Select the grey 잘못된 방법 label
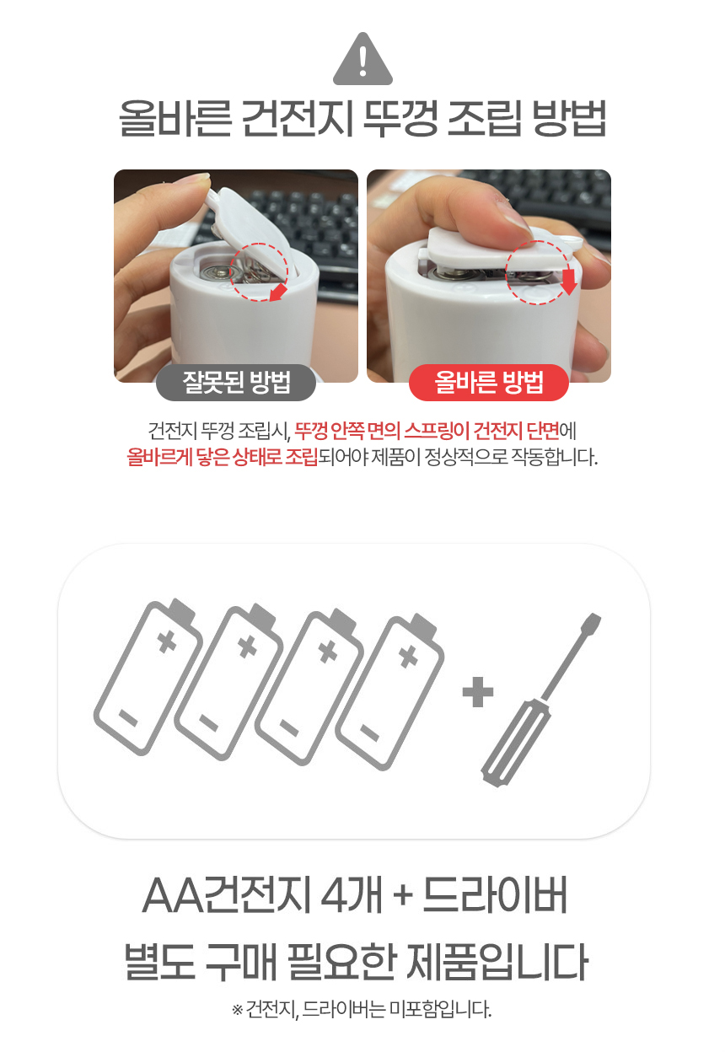(x=236, y=384)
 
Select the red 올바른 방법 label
(x=488, y=384)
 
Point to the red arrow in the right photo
(x=568, y=282)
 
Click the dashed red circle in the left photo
(x=260, y=271)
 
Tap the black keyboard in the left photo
(x=278, y=211)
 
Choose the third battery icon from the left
(x=308, y=687)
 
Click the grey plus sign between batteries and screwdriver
(x=478, y=695)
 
